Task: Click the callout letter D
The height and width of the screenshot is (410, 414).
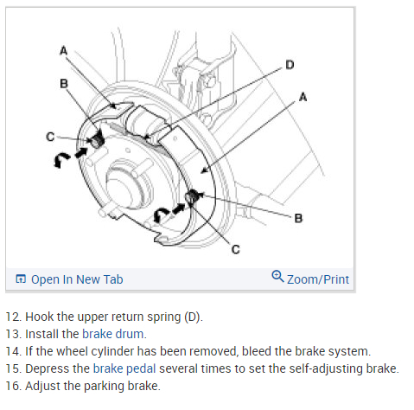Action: (x=290, y=65)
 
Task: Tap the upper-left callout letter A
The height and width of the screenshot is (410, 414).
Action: (x=63, y=51)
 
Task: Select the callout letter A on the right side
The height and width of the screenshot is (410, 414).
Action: (x=303, y=97)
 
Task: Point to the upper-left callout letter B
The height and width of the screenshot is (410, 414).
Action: (x=64, y=84)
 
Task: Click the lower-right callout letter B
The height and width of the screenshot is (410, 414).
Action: (x=298, y=218)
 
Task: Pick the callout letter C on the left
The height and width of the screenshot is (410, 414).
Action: (x=50, y=137)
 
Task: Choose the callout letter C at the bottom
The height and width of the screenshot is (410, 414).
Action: (x=235, y=249)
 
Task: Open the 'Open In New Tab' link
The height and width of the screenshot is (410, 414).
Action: (x=77, y=279)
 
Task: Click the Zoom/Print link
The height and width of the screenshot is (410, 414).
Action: (x=318, y=279)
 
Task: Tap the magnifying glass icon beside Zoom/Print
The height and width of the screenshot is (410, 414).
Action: (x=277, y=276)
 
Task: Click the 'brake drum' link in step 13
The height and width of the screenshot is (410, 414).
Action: (x=113, y=334)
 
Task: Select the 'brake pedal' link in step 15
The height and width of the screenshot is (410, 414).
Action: (x=124, y=368)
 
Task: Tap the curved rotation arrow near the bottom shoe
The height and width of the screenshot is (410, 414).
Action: (x=161, y=214)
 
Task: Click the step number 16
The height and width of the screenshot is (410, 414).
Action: (x=13, y=386)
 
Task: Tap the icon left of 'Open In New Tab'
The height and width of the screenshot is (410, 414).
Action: (x=21, y=279)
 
